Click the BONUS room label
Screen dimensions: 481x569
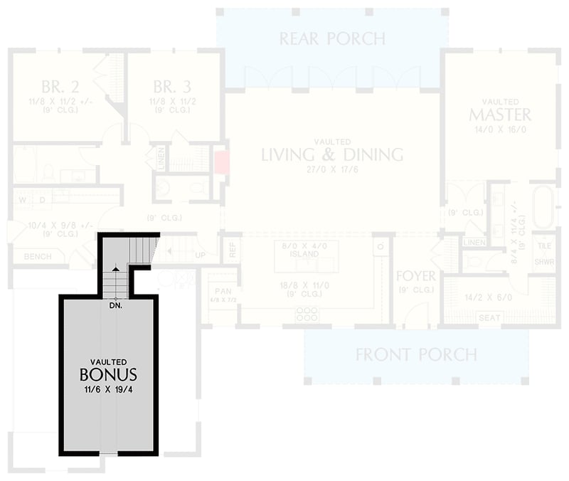108,374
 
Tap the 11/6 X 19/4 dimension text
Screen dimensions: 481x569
108,390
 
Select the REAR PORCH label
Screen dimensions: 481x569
331,38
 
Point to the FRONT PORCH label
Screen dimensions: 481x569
416,354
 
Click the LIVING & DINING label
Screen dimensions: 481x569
332,154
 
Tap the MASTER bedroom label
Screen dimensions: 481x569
499,115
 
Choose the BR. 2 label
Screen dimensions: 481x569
60,88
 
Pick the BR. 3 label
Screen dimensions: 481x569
171,88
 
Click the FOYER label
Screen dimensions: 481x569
415,276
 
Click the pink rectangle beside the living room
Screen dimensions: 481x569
220,162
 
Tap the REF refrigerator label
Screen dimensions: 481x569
230,250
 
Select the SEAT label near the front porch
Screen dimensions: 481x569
488,317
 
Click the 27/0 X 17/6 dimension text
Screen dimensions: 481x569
332,170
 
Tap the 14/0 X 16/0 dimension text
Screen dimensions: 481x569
499,130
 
